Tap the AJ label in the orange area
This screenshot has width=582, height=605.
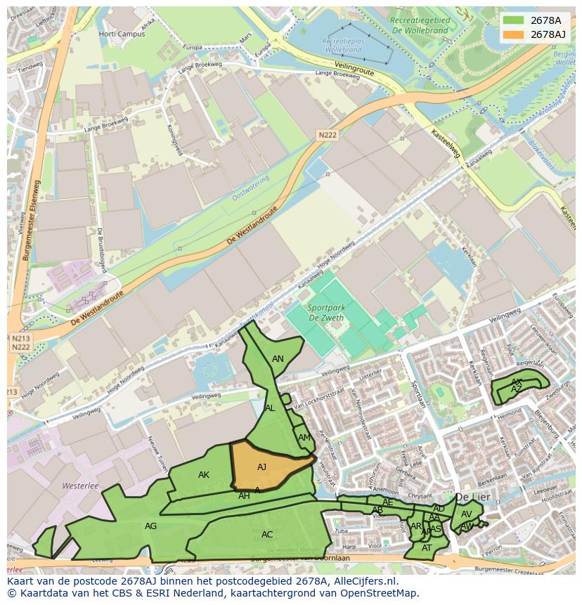click(x=261, y=467)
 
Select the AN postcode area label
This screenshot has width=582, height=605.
click(x=278, y=359)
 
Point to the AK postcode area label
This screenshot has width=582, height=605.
click(x=204, y=475)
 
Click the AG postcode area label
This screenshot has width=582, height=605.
click(x=150, y=526)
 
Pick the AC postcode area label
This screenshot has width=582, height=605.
click(x=267, y=535)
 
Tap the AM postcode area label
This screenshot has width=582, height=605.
click(x=304, y=438)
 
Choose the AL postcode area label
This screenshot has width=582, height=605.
click(x=270, y=408)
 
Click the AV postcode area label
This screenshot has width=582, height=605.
click(x=466, y=514)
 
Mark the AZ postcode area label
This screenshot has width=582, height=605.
click(x=517, y=389)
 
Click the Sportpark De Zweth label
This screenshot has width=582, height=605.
click(x=325, y=313)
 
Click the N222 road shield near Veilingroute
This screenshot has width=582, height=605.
click(x=327, y=135)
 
